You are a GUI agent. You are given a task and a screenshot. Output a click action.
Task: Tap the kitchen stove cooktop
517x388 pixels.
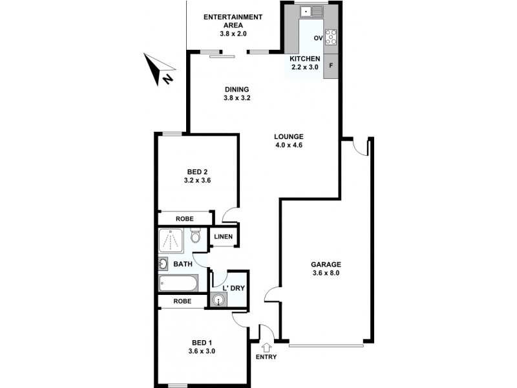coord(331,37)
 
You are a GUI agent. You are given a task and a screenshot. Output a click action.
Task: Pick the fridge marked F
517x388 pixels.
coord(331,65)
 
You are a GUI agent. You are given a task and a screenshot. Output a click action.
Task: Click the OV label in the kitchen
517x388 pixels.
coord(317,38)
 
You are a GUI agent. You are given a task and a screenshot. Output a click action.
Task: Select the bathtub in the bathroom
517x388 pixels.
coord(178,283)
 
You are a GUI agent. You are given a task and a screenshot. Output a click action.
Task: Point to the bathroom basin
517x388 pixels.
coord(163,264)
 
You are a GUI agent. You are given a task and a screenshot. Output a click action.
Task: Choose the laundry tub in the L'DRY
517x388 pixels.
coord(218,299)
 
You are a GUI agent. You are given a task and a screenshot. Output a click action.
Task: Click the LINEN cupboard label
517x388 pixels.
coord(224,237)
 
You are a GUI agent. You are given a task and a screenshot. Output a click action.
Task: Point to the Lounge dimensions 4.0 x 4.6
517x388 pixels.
coord(288,145)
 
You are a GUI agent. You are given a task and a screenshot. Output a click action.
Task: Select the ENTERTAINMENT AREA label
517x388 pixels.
coord(233,21)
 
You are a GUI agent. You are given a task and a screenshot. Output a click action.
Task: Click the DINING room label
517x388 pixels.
coord(237,89)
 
